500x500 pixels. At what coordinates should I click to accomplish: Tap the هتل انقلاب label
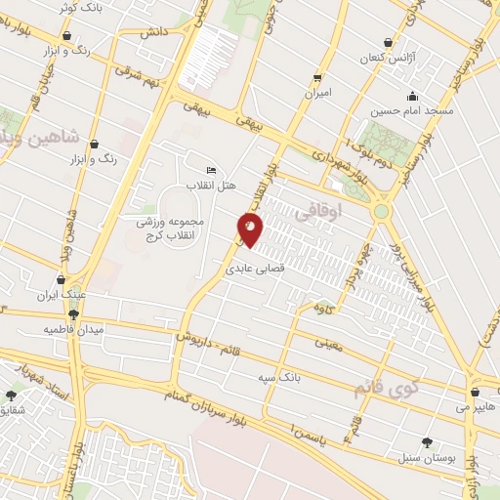coord(208,185)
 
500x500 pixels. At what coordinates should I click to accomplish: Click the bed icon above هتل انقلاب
coord(212,170)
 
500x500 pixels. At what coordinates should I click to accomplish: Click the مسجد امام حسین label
coord(418,112)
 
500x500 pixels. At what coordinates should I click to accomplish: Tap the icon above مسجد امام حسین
coord(412,96)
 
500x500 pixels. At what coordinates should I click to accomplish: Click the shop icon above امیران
coord(317,78)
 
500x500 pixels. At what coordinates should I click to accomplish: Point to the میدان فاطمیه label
coord(72,329)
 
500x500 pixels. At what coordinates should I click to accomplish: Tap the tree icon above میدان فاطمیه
coord(74,313)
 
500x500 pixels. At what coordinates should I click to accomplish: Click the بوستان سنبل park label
coord(420,457)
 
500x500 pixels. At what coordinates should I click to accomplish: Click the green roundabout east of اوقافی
coord(381,210)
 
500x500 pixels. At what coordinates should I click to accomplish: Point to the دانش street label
coord(152,32)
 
